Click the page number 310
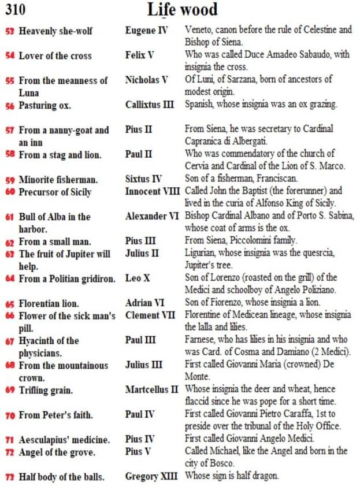tap(17, 10)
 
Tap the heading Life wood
tap(182, 10)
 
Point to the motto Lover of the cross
tap(55, 56)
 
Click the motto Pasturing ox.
tap(45, 106)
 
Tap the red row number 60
tap(10, 192)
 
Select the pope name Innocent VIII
tap(153, 191)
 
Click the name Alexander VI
tap(152, 216)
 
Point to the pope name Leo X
tap(138, 278)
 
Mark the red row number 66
tap(10, 316)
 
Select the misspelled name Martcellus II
tap(151, 389)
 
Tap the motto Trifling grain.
tap(46, 391)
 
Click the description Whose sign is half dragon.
tap(232, 476)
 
